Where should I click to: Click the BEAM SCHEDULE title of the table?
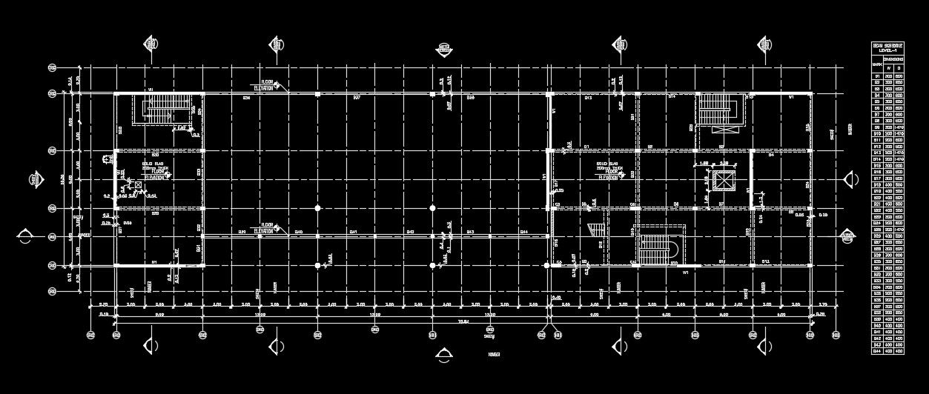click(x=887, y=47)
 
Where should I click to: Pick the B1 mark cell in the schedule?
click(x=877, y=76)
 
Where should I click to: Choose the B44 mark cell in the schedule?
click(x=877, y=350)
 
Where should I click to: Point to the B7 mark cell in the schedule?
click(x=877, y=115)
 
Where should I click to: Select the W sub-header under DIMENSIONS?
click(x=888, y=67)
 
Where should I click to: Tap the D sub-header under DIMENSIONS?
click(x=899, y=67)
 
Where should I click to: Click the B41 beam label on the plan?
click(x=354, y=233)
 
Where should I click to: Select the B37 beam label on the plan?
click(x=356, y=97)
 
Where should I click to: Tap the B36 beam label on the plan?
click(x=470, y=97)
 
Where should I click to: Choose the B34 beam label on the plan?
click(x=246, y=97)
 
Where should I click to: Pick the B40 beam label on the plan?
click(x=299, y=233)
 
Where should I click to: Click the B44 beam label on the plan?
click(x=523, y=233)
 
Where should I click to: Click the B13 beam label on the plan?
click(x=587, y=97)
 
